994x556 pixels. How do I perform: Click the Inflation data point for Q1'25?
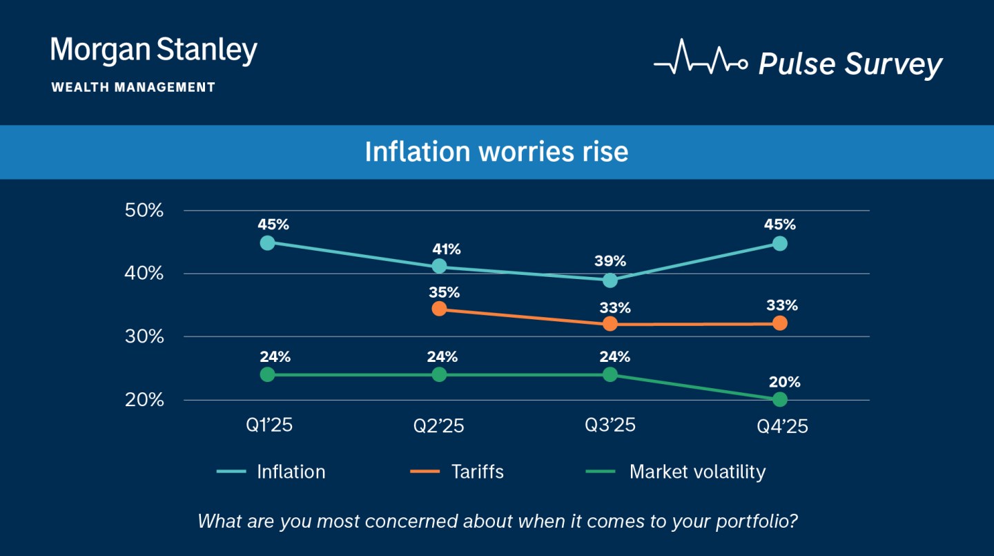click(268, 242)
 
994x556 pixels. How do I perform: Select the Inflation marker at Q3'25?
click(610, 280)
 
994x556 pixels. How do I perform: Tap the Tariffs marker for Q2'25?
click(439, 308)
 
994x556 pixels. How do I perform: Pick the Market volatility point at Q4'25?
click(780, 399)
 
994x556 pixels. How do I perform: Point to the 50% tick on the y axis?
click(144, 210)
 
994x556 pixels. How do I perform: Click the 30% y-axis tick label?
click(144, 337)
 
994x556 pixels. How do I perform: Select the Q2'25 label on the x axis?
click(439, 426)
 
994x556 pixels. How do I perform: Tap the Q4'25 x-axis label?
click(782, 426)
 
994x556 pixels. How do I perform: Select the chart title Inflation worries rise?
click(496, 152)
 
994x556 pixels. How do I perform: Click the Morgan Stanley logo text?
click(154, 51)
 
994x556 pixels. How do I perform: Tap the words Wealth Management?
click(133, 88)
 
